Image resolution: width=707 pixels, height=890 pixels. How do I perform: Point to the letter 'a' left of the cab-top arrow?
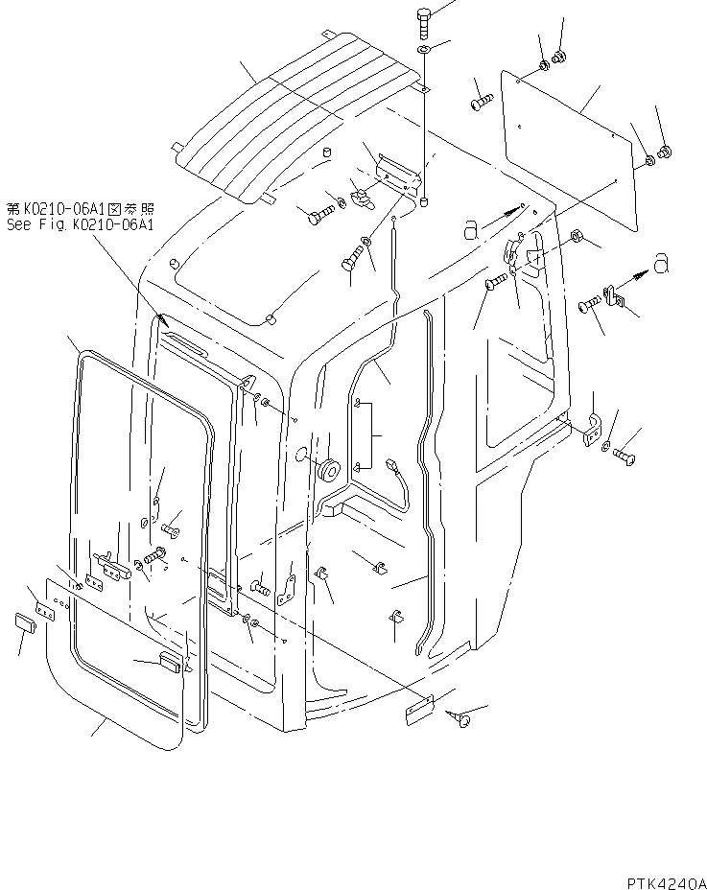470,227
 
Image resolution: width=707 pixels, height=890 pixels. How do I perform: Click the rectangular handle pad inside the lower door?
171,661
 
